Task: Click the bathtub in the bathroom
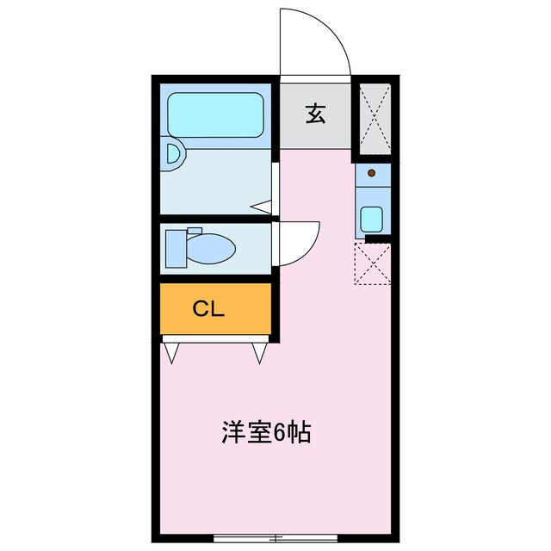pos(214,115)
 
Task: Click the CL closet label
pos(208,309)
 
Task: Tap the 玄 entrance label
pos(316,114)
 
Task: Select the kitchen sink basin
pos(372,219)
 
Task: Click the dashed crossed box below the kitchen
pos(373,263)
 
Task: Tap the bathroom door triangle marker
pos(263,207)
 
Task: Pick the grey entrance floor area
pos(316,129)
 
